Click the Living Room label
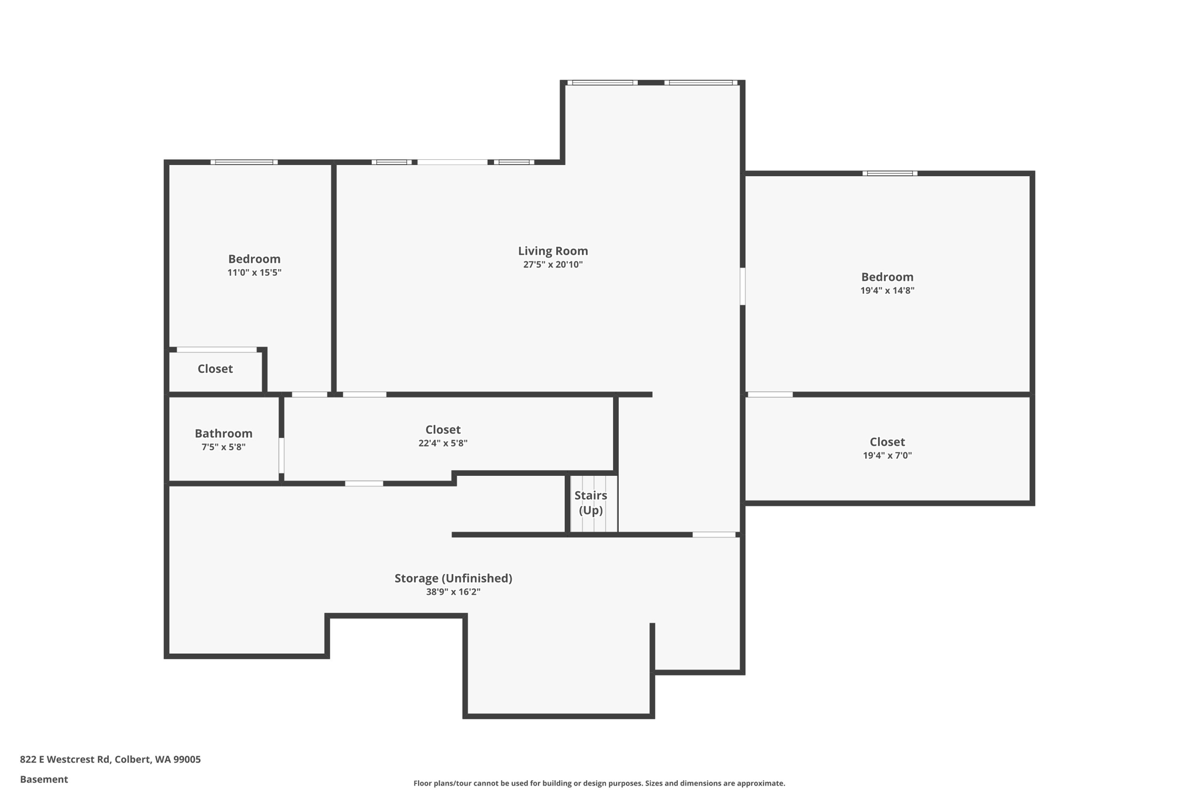553,251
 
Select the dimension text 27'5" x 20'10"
553,265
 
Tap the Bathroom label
224,433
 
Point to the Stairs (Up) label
591,502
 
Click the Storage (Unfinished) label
453,578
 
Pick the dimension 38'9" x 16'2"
453,592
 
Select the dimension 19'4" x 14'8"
887,290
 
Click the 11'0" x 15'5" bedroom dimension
254,272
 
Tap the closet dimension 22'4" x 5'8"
443,443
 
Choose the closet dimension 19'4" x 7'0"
887,455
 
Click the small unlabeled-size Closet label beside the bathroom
215,369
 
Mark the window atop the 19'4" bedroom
889,173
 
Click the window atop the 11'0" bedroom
244,162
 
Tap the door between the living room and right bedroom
742,286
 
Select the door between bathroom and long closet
282,455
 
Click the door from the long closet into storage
364,483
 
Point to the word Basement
44,779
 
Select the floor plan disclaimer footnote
599,783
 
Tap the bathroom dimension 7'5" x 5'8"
224,447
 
